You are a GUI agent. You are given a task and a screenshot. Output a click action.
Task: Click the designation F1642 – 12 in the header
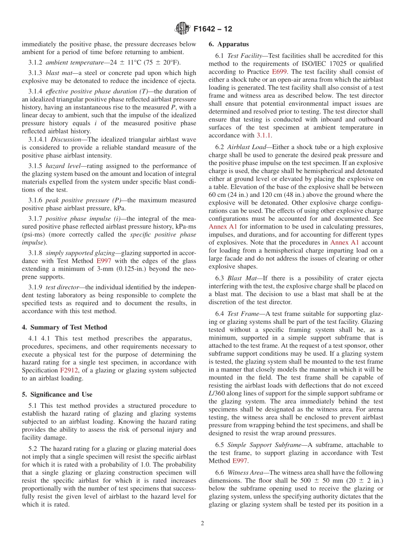pos(213,29)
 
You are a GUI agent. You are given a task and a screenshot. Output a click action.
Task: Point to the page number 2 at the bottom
pos(202,523)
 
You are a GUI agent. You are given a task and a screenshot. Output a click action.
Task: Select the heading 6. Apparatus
pos(229,44)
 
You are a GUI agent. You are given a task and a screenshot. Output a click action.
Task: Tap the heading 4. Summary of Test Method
pos(64,327)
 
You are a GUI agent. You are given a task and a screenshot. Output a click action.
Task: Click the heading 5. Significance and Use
pos(57,395)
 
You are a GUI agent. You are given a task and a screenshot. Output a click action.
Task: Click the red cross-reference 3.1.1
pos(263,135)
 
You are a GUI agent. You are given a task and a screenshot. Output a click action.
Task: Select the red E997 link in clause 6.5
pos(239,461)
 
